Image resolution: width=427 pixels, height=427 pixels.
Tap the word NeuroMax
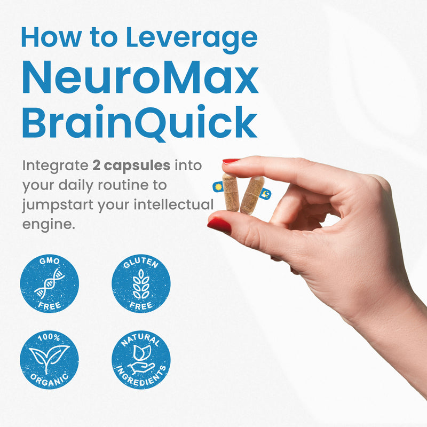140,79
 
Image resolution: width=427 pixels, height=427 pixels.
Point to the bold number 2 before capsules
97,165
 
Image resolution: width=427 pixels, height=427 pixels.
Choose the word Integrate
56,166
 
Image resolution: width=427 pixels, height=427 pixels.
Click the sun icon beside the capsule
218,187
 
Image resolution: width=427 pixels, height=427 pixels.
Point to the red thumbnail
219,225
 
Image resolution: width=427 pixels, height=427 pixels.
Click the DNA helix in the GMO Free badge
49,283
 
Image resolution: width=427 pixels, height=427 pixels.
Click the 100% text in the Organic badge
49,337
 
